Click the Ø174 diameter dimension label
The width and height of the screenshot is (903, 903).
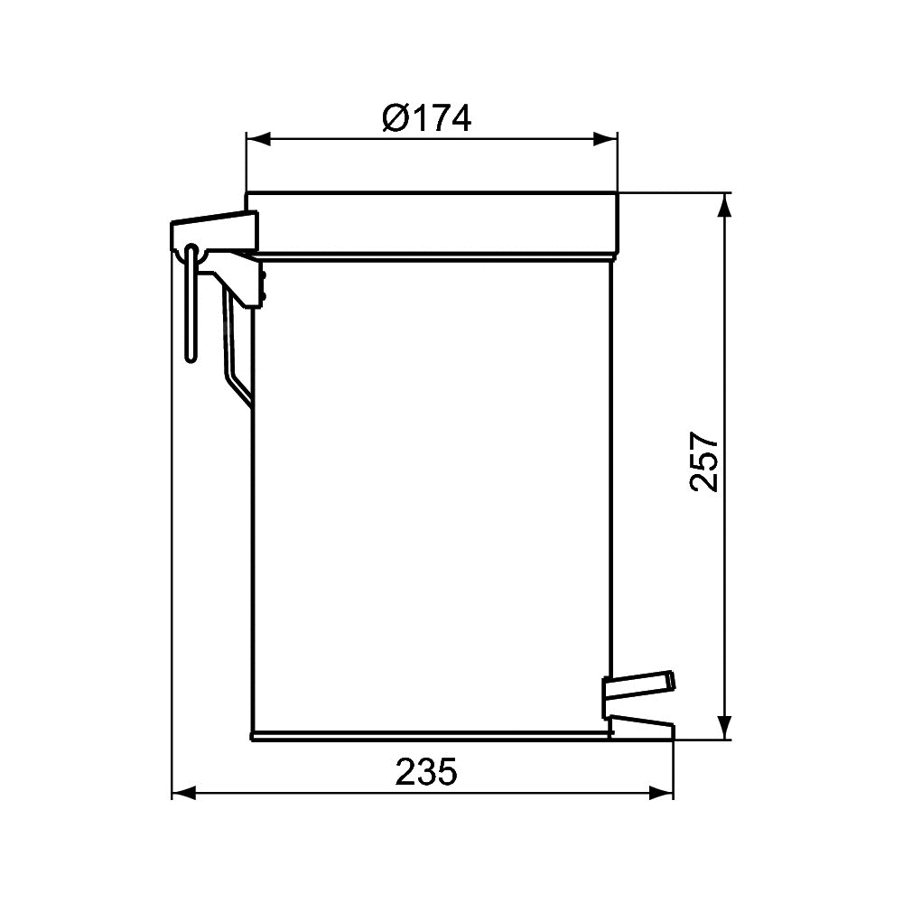(x=427, y=118)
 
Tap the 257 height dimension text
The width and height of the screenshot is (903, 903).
(x=704, y=461)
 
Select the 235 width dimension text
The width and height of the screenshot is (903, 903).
(x=426, y=772)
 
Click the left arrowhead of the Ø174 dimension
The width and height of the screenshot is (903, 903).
(x=258, y=139)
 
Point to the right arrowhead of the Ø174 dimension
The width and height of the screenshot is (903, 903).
(x=605, y=139)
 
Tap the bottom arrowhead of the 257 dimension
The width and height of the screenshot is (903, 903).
(x=726, y=727)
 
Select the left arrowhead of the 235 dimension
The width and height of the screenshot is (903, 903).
(x=184, y=793)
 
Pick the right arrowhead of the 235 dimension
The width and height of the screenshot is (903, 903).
(x=661, y=793)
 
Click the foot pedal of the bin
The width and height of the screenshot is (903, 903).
(x=638, y=685)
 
